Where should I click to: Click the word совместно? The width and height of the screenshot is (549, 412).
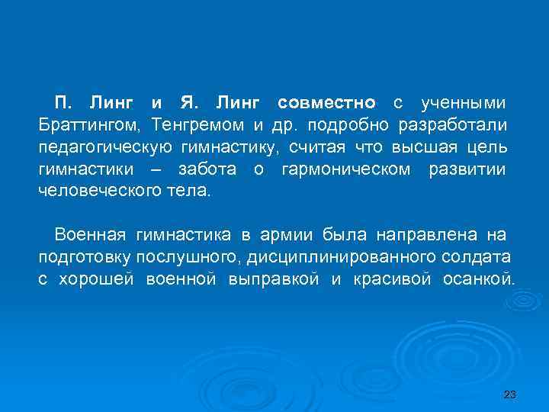coord(327,102)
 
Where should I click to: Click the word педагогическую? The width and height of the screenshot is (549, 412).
coord(102,146)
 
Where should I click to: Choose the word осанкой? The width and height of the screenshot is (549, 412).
coord(478,278)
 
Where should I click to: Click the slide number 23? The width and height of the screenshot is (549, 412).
coord(510,394)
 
